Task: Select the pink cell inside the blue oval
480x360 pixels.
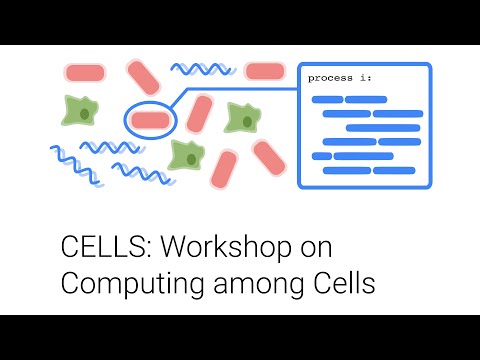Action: click(x=150, y=119)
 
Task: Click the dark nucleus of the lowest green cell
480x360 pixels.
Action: click(x=188, y=156)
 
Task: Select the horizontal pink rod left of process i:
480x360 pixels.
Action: click(x=264, y=71)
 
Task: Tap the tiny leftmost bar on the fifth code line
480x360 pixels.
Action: click(x=321, y=156)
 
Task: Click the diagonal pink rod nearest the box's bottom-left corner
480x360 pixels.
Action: click(x=268, y=156)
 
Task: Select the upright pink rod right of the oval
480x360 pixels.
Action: click(x=199, y=113)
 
